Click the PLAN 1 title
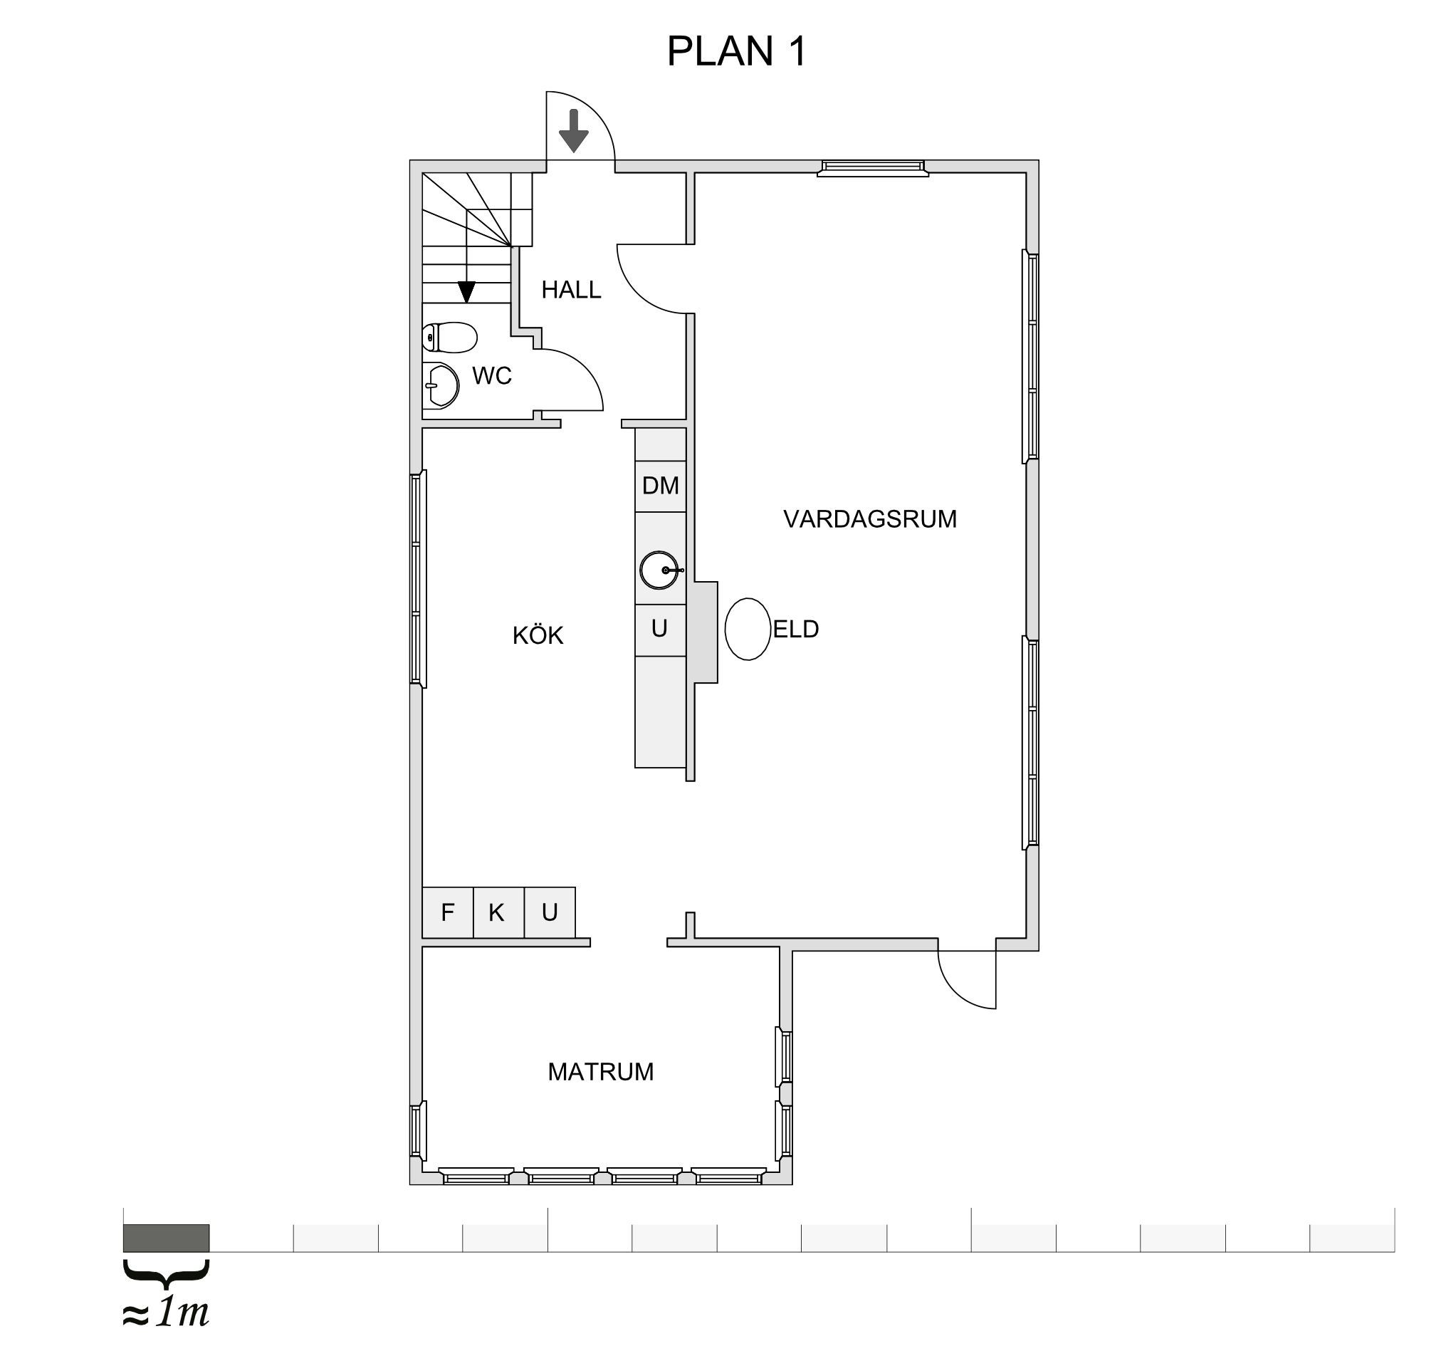coord(736,52)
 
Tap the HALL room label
coord(571,291)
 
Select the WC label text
coord(492,376)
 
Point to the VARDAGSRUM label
coord(870,519)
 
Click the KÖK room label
coord(538,635)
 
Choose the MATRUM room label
coord(601,1072)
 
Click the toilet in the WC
coord(449,338)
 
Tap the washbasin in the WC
coord(441,385)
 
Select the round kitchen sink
coord(660,570)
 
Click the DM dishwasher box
coord(661,486)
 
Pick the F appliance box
coord(448,912)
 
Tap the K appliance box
coord(498,912)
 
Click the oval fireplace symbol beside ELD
coord(748,630)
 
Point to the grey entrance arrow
coord(574,131)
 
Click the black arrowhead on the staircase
coord(466,293)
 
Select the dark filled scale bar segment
coord(167,1238)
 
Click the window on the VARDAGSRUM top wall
coord(873,169)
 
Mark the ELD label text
coord(796,630)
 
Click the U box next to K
coord(550,912)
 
